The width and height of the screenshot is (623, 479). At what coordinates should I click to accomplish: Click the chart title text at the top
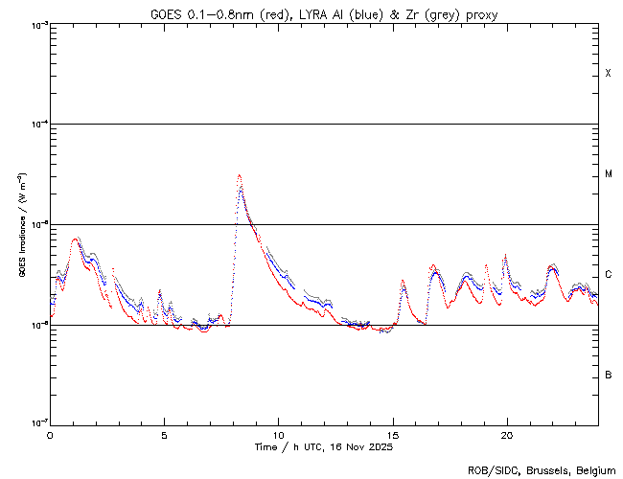(x=324, y=14)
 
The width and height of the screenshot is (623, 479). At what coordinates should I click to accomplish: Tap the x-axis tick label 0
(x=50, y=434)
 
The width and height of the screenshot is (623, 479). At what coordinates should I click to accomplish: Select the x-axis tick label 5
(x=164, y=434)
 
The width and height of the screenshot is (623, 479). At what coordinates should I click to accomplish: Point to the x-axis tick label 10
(x=278, y=434)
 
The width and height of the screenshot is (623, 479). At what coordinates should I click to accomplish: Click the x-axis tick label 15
(x=392, y=434)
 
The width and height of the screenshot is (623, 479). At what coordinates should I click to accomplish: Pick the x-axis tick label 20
(x=506, y=434)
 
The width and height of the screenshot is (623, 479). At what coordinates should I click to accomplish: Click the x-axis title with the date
(x=323, y=446)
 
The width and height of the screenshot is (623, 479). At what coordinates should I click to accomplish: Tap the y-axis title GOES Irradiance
(x=21, y=225)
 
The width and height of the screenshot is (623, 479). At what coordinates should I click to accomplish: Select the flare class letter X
(x=608, y=74)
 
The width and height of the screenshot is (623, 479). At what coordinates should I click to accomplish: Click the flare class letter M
(x=608, y=174)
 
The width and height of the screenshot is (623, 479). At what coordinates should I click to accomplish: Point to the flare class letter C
(x=608, y=275)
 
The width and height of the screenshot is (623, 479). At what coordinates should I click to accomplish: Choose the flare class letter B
(x=608, y=375)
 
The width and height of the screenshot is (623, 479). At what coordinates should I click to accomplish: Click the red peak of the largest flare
(x=239, y=175)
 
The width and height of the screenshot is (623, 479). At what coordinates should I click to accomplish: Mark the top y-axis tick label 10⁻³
(x=36, y=25)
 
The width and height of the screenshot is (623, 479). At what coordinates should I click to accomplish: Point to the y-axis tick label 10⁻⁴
(x=36, y=125)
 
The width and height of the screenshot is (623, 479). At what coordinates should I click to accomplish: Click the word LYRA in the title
(x=315, y=14)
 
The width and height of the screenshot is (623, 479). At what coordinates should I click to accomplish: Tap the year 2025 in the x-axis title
(x=380, y=446)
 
